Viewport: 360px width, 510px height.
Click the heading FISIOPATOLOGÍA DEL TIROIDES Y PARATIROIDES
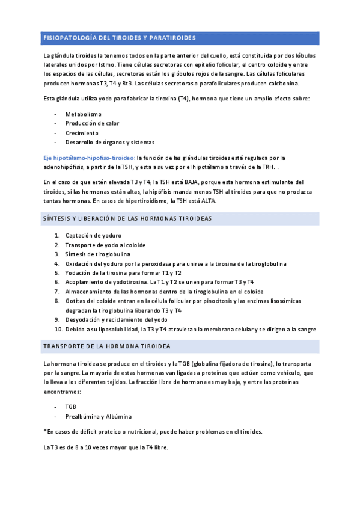click(120, 38)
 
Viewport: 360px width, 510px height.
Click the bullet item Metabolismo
click(84, 114)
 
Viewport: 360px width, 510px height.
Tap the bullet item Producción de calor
click(92, 124)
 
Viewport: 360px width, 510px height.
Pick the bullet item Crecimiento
click(82, 133)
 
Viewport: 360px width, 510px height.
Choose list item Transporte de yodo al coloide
click(105, 245)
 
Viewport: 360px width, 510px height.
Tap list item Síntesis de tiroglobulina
click(97, 254)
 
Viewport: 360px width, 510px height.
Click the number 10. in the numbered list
click(58, 330)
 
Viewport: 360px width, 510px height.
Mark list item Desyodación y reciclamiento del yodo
click(117, 320)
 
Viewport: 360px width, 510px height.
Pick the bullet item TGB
click(71, 407)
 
